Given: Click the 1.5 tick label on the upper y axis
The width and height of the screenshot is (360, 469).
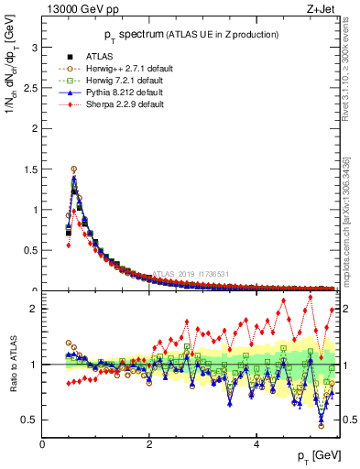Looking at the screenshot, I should click(29, 169).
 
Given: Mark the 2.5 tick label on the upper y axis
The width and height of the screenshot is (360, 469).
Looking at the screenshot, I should click(29, 87).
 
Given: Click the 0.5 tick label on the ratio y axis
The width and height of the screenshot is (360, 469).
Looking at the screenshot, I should click(29, 420).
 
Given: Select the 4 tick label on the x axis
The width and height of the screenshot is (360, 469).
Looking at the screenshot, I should click(256, 444).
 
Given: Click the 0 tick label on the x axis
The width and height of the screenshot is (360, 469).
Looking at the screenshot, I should click(42, 444).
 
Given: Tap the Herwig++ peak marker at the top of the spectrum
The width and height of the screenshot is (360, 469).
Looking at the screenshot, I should click(74, 169).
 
